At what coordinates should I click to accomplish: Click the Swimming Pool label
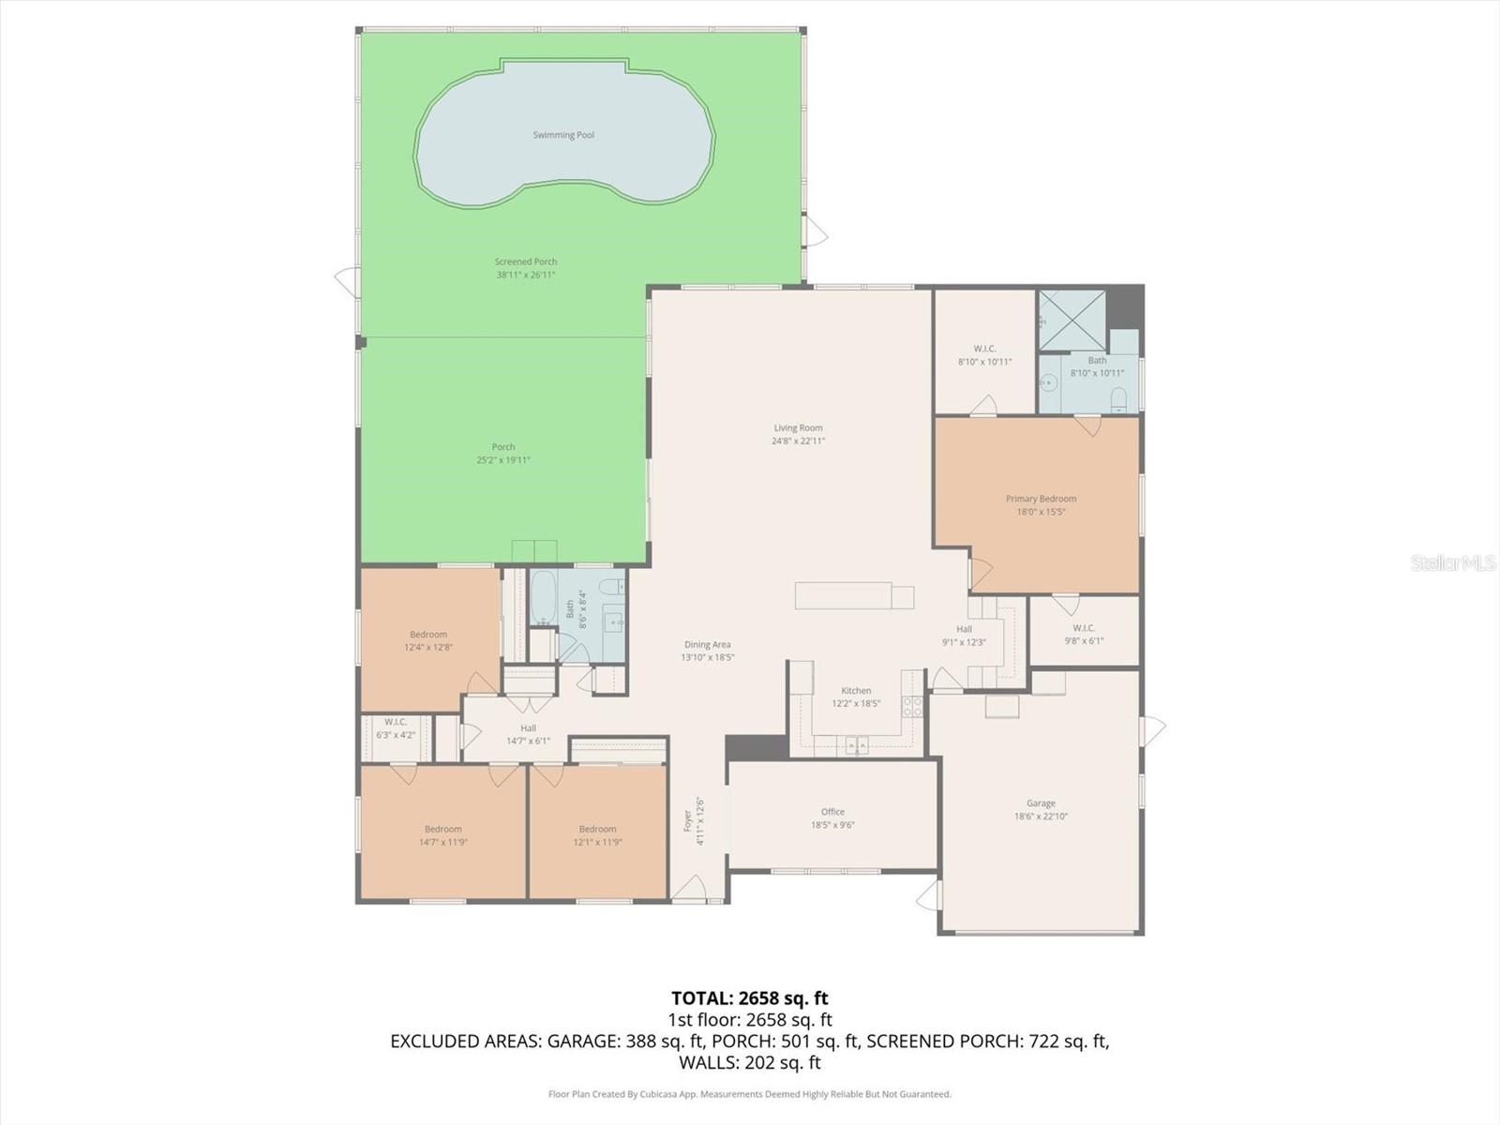pos(563,135)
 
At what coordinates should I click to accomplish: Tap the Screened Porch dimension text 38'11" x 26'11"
pos(526,275)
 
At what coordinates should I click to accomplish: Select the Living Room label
pos(798,427)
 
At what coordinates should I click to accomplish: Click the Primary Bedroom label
pos(1041,499)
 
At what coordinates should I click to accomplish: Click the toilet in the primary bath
pos(1117,402)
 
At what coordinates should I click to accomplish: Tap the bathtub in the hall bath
pos(543,599)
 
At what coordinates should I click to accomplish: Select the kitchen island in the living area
pos(853,596)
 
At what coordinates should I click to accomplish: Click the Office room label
pos(832,812)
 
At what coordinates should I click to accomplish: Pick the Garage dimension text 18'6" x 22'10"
pos(1041,817)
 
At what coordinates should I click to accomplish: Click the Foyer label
pos(687,821)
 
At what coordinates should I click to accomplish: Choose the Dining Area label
pos(707,644)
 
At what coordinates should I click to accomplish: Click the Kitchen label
pos(856,690)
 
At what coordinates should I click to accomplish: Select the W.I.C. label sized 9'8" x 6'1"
pos(1084,628)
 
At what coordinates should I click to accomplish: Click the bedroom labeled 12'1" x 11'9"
pos(597,835)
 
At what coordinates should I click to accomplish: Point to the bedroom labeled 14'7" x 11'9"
pos(442,835)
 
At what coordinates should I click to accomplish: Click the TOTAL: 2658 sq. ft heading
pos(749,997)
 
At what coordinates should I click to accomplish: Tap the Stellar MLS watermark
pos(1453,563)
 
